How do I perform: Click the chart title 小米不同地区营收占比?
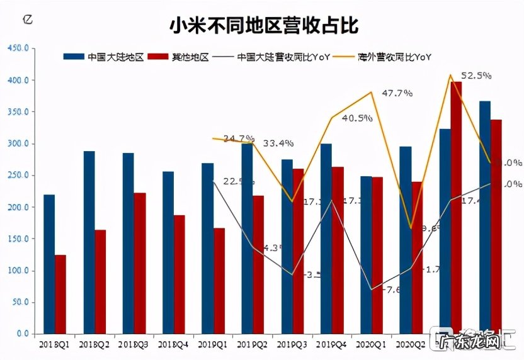(x=263, y=26)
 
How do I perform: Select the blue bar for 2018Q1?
(x=48, y=264)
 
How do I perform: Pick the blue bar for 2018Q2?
(x=89, y=242)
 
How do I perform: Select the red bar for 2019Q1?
(x=219, y=281)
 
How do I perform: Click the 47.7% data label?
(x=397, y=93)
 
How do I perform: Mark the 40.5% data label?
(x=356, y=118)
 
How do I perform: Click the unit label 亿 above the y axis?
(x=26, y=18)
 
